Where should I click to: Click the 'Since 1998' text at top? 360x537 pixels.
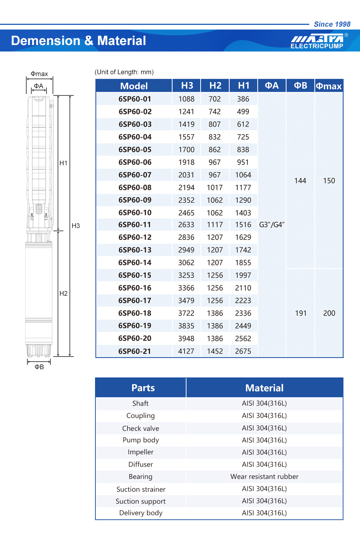tap(332, 24)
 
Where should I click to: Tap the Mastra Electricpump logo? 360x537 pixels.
tap(318, 41)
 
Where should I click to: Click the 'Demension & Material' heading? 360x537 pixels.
tap(78, 41)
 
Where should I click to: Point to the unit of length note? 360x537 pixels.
tap(124, 72)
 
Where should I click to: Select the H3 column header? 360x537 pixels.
tap(187, 86)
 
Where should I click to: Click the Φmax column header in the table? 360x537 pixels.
tap(329, 86)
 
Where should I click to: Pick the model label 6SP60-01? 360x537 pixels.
tap(135, 99)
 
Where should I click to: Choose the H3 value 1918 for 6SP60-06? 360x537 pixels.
tap(186, 162)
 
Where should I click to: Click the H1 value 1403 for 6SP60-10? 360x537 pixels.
tap(243, 213)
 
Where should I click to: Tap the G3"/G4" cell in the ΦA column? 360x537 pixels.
tap(272, 225)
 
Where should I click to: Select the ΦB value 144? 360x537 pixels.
tap(300, 181)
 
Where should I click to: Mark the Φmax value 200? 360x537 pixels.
tap(329, 313)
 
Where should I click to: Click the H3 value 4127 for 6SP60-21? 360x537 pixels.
tap(186, 351)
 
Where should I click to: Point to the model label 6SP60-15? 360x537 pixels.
tap(135, 276)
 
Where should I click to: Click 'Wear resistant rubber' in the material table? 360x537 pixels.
tap(265, 476)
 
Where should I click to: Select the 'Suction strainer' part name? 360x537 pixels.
tap(141, 489)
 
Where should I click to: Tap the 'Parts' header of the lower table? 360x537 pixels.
tap(143, 388)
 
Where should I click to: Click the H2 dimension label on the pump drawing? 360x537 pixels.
tap(63, 294)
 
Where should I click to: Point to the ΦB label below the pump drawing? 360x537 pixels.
tap(39, 367)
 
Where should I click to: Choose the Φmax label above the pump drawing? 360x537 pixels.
tap(39, 74)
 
